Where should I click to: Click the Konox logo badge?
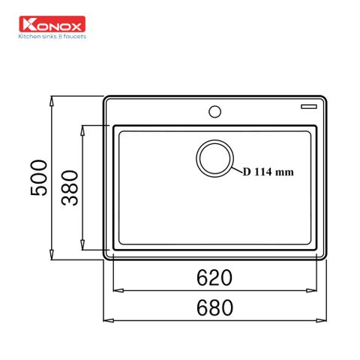point(52,24)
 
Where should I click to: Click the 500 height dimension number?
point(39,178)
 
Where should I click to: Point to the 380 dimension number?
point(70,188)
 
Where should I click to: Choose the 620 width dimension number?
point(214,277)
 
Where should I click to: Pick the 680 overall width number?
point(214,307)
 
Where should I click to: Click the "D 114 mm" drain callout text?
point(268,172)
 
